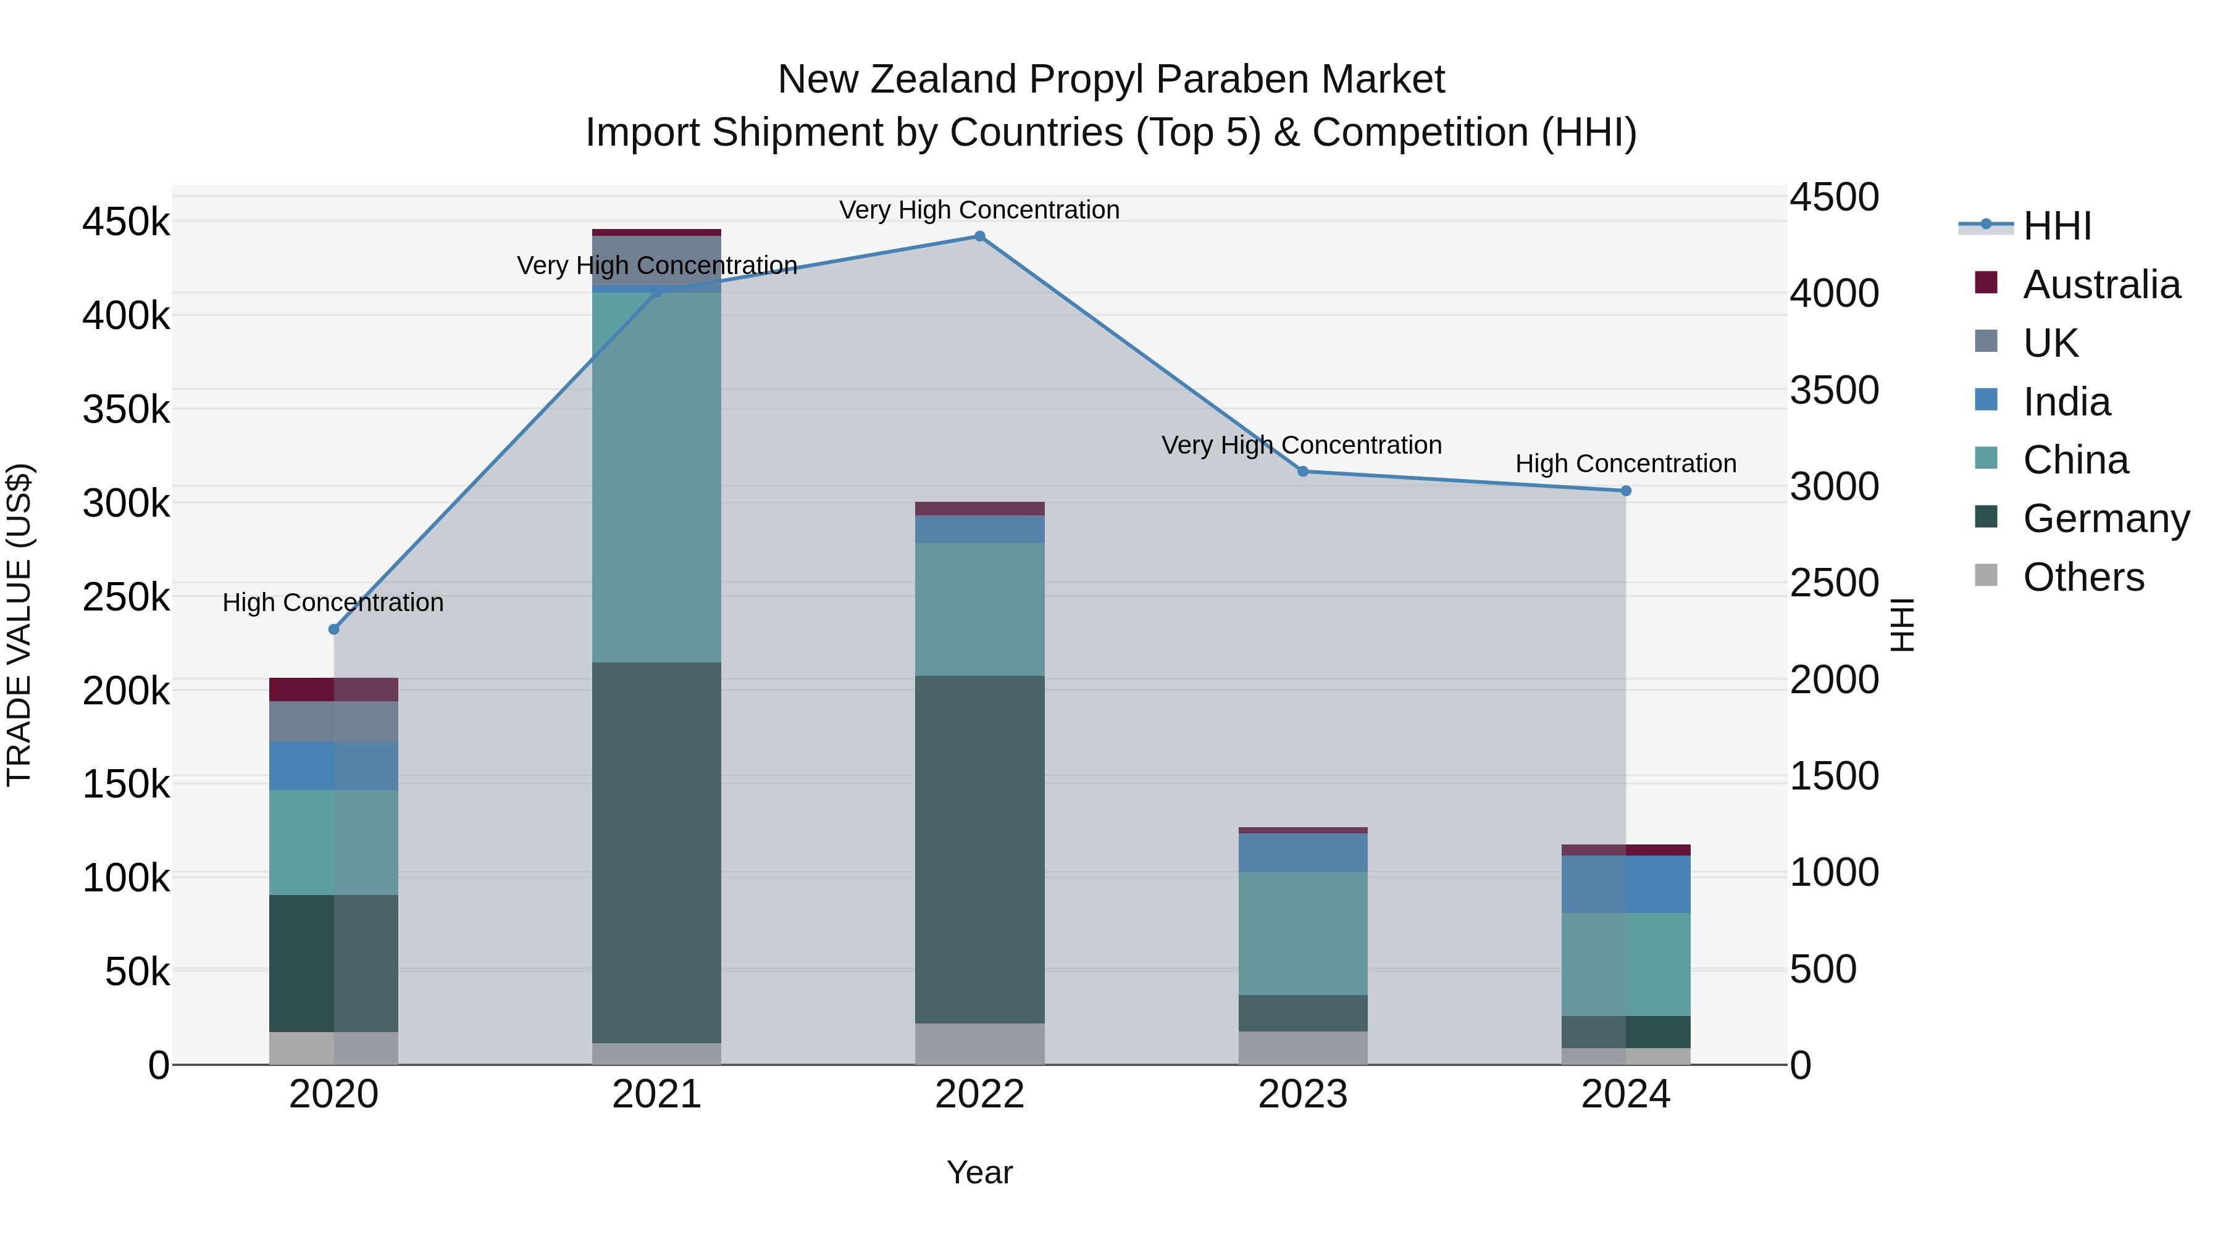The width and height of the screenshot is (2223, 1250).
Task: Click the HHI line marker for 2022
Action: (979, 236)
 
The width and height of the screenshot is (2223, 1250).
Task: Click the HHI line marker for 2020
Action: (334, 630)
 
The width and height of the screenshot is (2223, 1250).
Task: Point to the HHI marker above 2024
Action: (1626, 491)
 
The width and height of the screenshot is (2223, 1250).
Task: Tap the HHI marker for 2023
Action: (1303, 472)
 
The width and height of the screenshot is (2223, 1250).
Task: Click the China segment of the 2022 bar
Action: (979, 609)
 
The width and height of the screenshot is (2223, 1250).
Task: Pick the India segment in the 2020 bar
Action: (334, 766)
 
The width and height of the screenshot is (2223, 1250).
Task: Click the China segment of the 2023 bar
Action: (1303, 933)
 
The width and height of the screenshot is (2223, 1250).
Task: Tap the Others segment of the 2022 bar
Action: (979, 1044)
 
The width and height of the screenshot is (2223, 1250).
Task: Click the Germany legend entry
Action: (2106, 519)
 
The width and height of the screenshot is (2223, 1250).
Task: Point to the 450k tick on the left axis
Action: (126, 223)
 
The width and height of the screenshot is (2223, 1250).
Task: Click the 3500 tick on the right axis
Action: (1834, 390)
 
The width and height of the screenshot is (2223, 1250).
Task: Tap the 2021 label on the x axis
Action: (657, 1094)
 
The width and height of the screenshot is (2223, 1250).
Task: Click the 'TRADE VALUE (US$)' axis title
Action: (19, 625)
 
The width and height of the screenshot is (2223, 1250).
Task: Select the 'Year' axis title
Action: (979, 1172)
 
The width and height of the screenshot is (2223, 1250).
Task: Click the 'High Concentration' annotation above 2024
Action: (1626, 464)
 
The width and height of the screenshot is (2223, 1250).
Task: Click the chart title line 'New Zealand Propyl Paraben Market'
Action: (1111, 80)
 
